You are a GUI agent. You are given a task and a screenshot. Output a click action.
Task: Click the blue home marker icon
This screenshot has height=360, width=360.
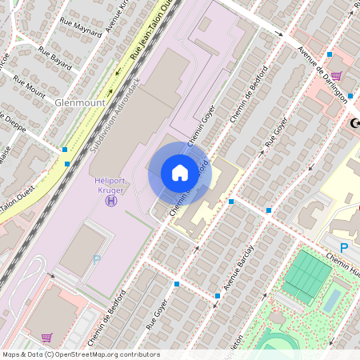pos(179,172)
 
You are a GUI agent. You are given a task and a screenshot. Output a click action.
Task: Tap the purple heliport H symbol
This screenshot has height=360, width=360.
pos(110,200)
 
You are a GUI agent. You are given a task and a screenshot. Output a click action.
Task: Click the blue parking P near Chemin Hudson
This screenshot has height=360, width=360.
pos(344,248)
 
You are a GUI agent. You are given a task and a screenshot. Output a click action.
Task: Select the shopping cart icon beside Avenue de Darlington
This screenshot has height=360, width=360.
pos(336,77)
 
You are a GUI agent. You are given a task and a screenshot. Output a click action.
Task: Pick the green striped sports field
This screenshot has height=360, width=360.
pos(306,277)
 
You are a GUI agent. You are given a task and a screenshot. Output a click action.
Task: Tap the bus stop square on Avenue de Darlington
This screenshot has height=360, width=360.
pos(329,54)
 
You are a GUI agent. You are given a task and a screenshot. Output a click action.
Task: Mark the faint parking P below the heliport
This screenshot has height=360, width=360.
pos(98,259)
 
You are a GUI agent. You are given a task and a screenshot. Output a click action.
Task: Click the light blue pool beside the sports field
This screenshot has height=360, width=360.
pos(332,298)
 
